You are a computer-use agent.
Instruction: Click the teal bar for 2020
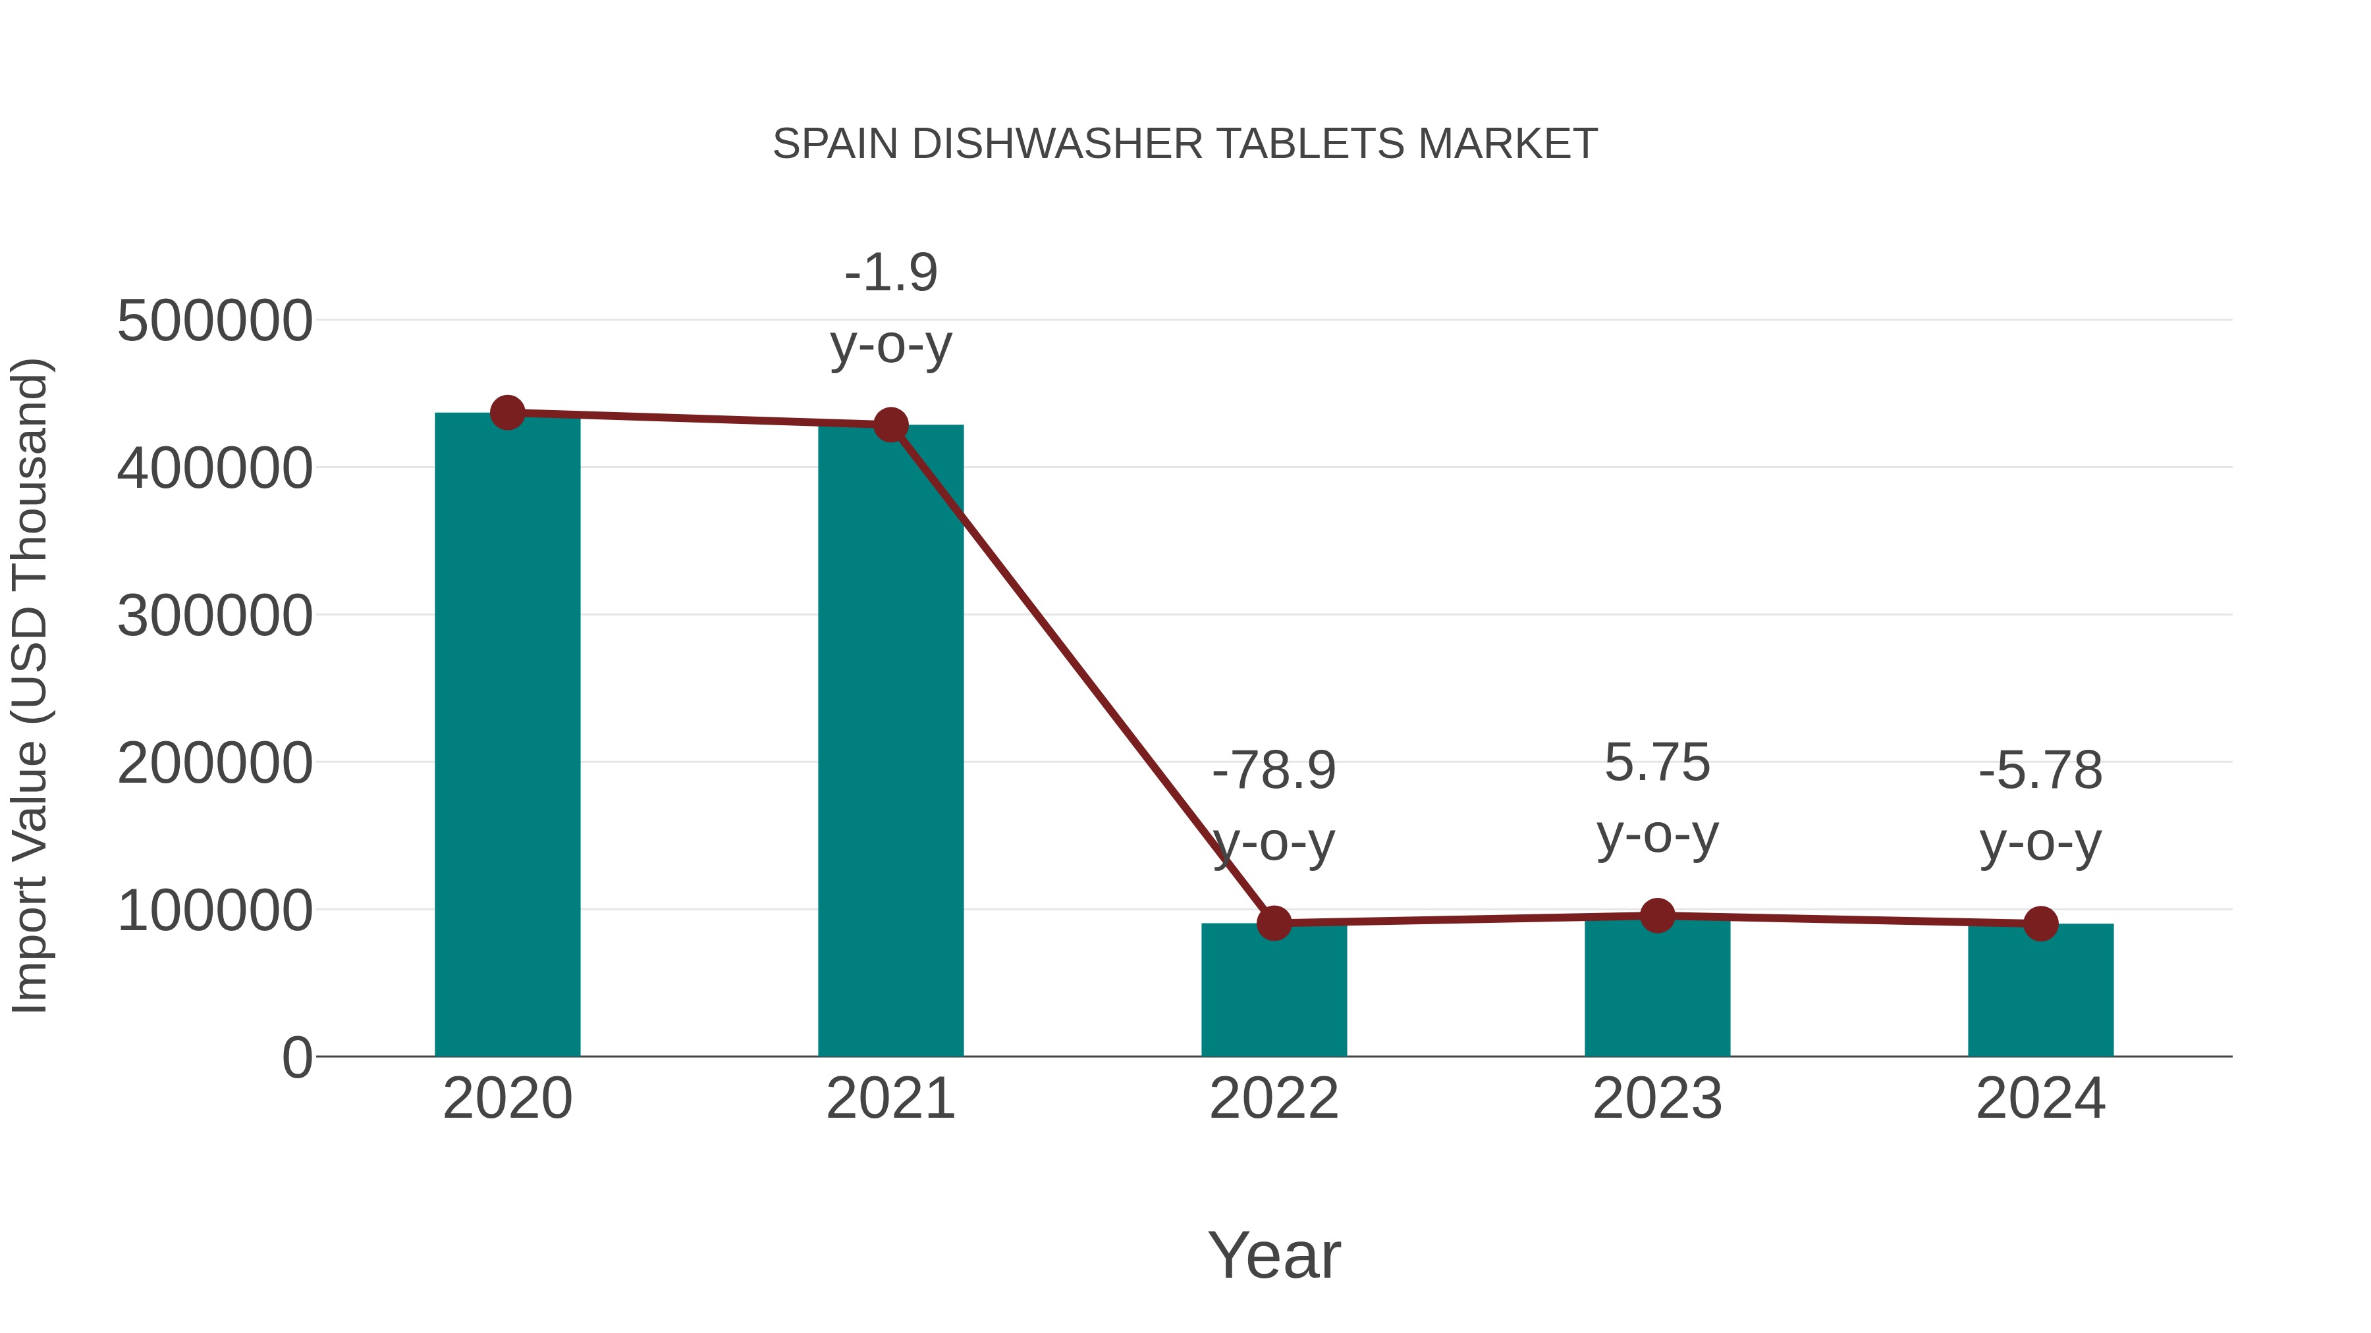[x=507, y=736]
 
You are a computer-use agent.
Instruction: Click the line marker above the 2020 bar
[x=507, y=413]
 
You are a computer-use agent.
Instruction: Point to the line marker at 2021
[x=890, y=425]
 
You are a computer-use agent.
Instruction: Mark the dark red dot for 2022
[x=1274, y=923]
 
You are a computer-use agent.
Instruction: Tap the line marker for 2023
[x=1657, y=916]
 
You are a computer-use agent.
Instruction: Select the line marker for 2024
[x=2040, y=924]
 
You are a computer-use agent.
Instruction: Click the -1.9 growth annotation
[x=890, y=273]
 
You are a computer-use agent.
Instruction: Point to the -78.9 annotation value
[x=1274, y=771]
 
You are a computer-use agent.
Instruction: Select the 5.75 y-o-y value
[x=1657, y=764]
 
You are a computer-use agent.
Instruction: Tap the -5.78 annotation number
[x=2040, y=771]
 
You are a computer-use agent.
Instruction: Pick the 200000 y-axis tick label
[x=215, y=764]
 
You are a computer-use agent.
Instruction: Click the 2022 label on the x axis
[x=1274, y=1099]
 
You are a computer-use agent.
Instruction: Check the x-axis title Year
[x=1274, y=1256]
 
